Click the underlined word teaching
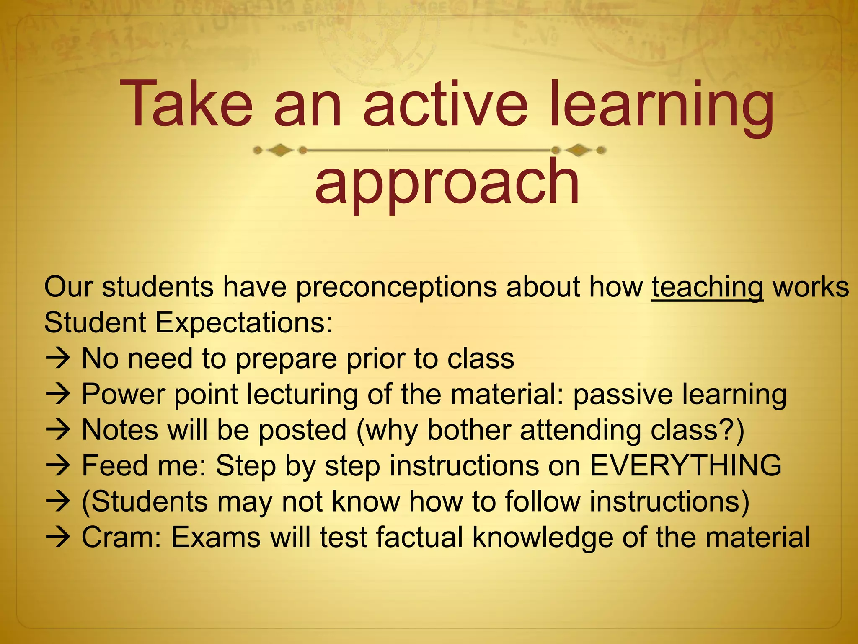[x=707, y=288]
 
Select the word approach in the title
[x=447, y=183]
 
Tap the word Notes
[x=120, y=430]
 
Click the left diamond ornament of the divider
[x=280, y=150]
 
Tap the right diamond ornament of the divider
[x=579, y=150]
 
